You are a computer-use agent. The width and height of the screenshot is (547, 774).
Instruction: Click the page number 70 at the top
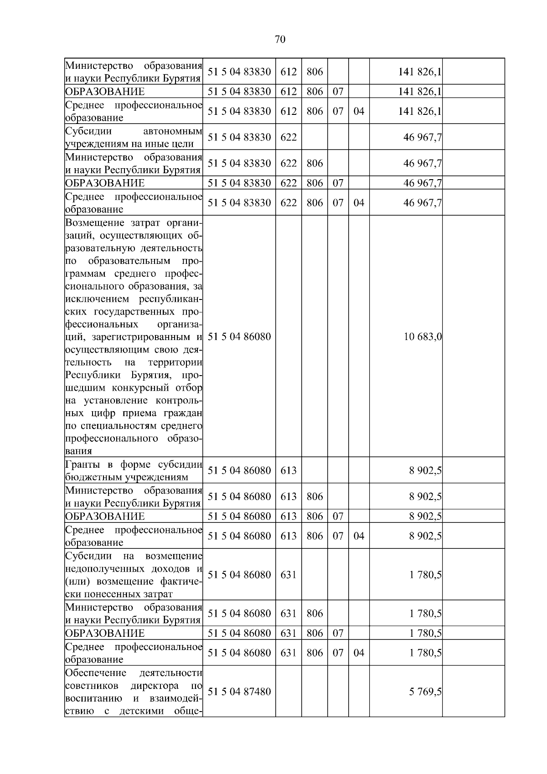pos(280,40)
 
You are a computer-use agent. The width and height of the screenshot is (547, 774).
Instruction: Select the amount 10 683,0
pos(423,337)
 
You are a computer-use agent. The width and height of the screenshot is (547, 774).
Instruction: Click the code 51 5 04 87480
pos(239,691)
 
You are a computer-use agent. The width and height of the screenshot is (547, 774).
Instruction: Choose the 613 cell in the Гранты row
pos(288,470)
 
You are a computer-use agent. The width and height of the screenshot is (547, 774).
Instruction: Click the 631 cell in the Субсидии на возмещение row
pos(288,574)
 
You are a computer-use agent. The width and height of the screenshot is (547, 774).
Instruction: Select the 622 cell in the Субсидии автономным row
pos(288,137)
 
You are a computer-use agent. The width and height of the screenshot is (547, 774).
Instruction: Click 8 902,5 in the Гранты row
pos(425,470)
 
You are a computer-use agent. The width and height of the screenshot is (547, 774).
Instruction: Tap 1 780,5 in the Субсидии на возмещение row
pos(425,574)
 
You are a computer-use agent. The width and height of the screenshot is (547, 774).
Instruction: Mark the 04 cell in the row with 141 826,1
pos(359,111)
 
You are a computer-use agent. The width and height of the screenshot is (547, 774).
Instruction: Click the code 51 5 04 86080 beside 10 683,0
pos(239,337)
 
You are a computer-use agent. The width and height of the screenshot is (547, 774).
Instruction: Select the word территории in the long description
pos(175,362)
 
